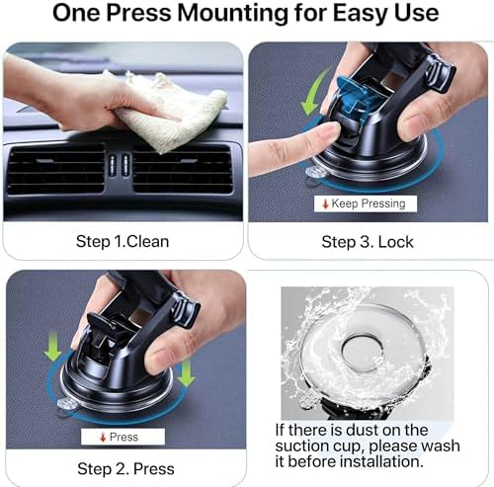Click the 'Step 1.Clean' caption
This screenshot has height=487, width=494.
(x=123, y=241)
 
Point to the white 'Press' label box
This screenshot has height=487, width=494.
(x=123, y=436)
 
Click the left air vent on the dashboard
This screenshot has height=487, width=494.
(x=55, y=169)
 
